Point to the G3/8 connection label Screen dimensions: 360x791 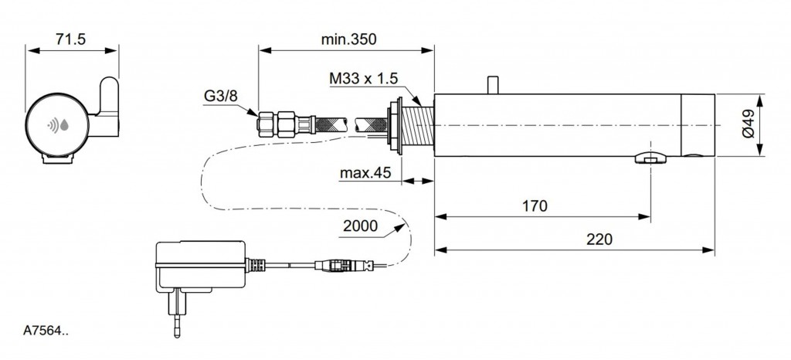coord(220,97)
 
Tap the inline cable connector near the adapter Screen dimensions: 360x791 coord(338,265)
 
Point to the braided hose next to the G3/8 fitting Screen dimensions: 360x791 coord(317,122)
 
